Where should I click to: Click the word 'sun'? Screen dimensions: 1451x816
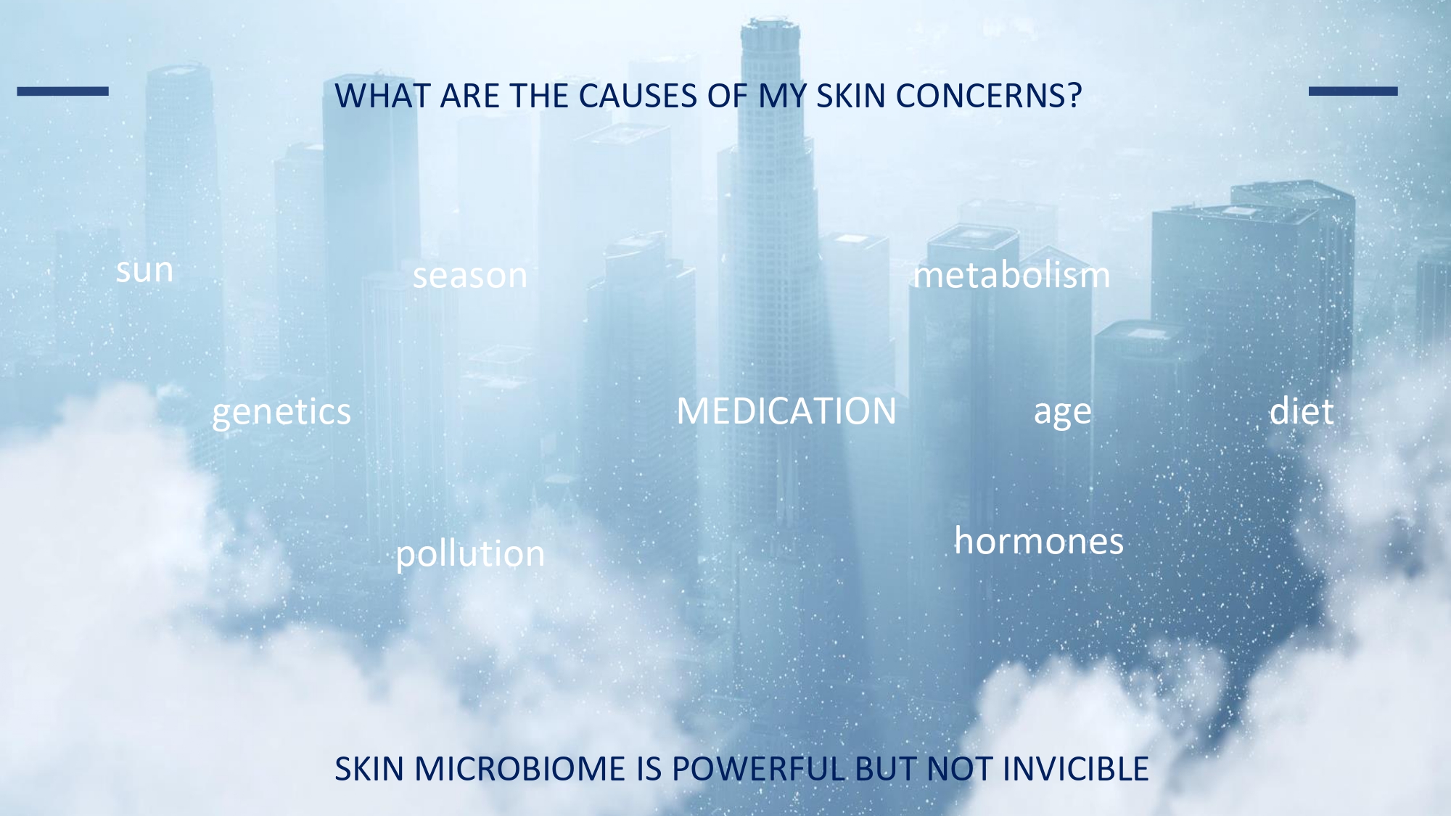click(x=145, y=271)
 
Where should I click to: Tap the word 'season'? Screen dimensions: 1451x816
click(x=470, y=276)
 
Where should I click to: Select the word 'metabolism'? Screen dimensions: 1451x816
click(x=1011, y=274)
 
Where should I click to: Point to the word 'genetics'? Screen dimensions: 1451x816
click(x=281, y=412)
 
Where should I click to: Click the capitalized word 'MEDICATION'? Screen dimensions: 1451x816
click(x=786, y=411)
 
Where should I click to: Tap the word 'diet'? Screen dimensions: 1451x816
click(x=1302, y=411)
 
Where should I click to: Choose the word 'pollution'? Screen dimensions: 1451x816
click(x=470, y=553)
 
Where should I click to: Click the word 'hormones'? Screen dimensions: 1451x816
click(x=1039, y=540)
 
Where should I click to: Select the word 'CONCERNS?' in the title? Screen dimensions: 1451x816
click(x=989, y=96)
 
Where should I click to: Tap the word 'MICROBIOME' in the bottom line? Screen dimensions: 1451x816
click(x=519, y=769)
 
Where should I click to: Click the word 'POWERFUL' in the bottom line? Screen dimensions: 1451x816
click(x=758, y=769)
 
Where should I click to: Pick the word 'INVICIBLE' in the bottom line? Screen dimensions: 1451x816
click(x=1076, y=769)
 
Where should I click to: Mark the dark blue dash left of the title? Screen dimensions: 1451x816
click(x=63, y=91)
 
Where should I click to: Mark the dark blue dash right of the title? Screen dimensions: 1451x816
click(x=1353, y=91)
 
